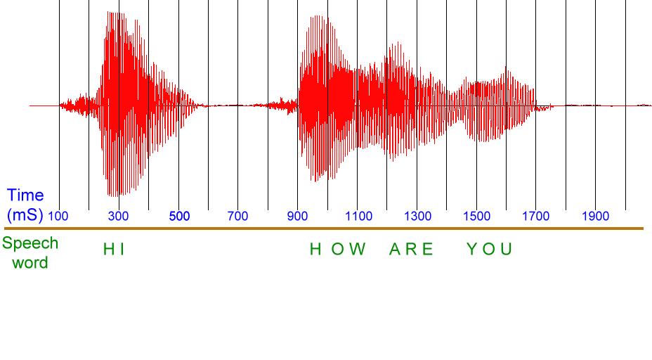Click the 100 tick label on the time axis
58,216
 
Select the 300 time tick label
118,216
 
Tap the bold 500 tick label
179,216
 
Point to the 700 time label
238,216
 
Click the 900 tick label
298,216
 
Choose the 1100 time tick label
358,216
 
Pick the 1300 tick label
418,216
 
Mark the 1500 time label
477,216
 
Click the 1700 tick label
536,216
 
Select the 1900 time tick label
596,216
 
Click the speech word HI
114,250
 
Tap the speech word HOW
338,250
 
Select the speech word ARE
411,250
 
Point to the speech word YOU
490,250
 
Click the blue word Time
25,195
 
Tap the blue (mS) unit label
25,215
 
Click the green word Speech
30,243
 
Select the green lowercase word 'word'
30,263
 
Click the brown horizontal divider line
324,229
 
